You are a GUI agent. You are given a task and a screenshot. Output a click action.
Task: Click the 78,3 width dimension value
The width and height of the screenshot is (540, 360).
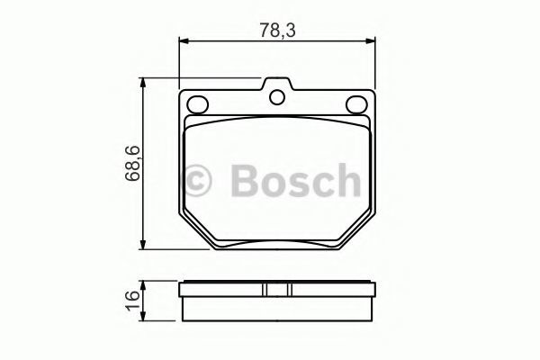[277, 30]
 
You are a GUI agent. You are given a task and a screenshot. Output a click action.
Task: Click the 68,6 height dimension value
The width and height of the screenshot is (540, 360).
[133, 163]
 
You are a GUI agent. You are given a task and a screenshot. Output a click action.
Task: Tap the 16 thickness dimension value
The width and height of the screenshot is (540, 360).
[133, 301]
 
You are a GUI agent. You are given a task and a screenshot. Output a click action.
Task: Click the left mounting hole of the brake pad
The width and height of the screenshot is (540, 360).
[197, 104]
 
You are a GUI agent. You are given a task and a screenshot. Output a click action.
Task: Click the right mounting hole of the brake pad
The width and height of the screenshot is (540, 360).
[356, 104]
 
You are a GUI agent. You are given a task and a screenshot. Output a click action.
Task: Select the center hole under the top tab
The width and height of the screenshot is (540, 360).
[277, 97]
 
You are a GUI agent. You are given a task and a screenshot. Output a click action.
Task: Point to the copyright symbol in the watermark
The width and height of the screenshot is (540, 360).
[196, 181]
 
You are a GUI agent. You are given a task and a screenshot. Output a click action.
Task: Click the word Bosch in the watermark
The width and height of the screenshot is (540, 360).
[296, 181]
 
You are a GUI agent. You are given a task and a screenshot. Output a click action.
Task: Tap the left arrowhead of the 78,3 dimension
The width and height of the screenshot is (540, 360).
[184, 41]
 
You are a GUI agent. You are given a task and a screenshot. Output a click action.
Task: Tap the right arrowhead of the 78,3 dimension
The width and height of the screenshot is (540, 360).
[370, 41]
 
